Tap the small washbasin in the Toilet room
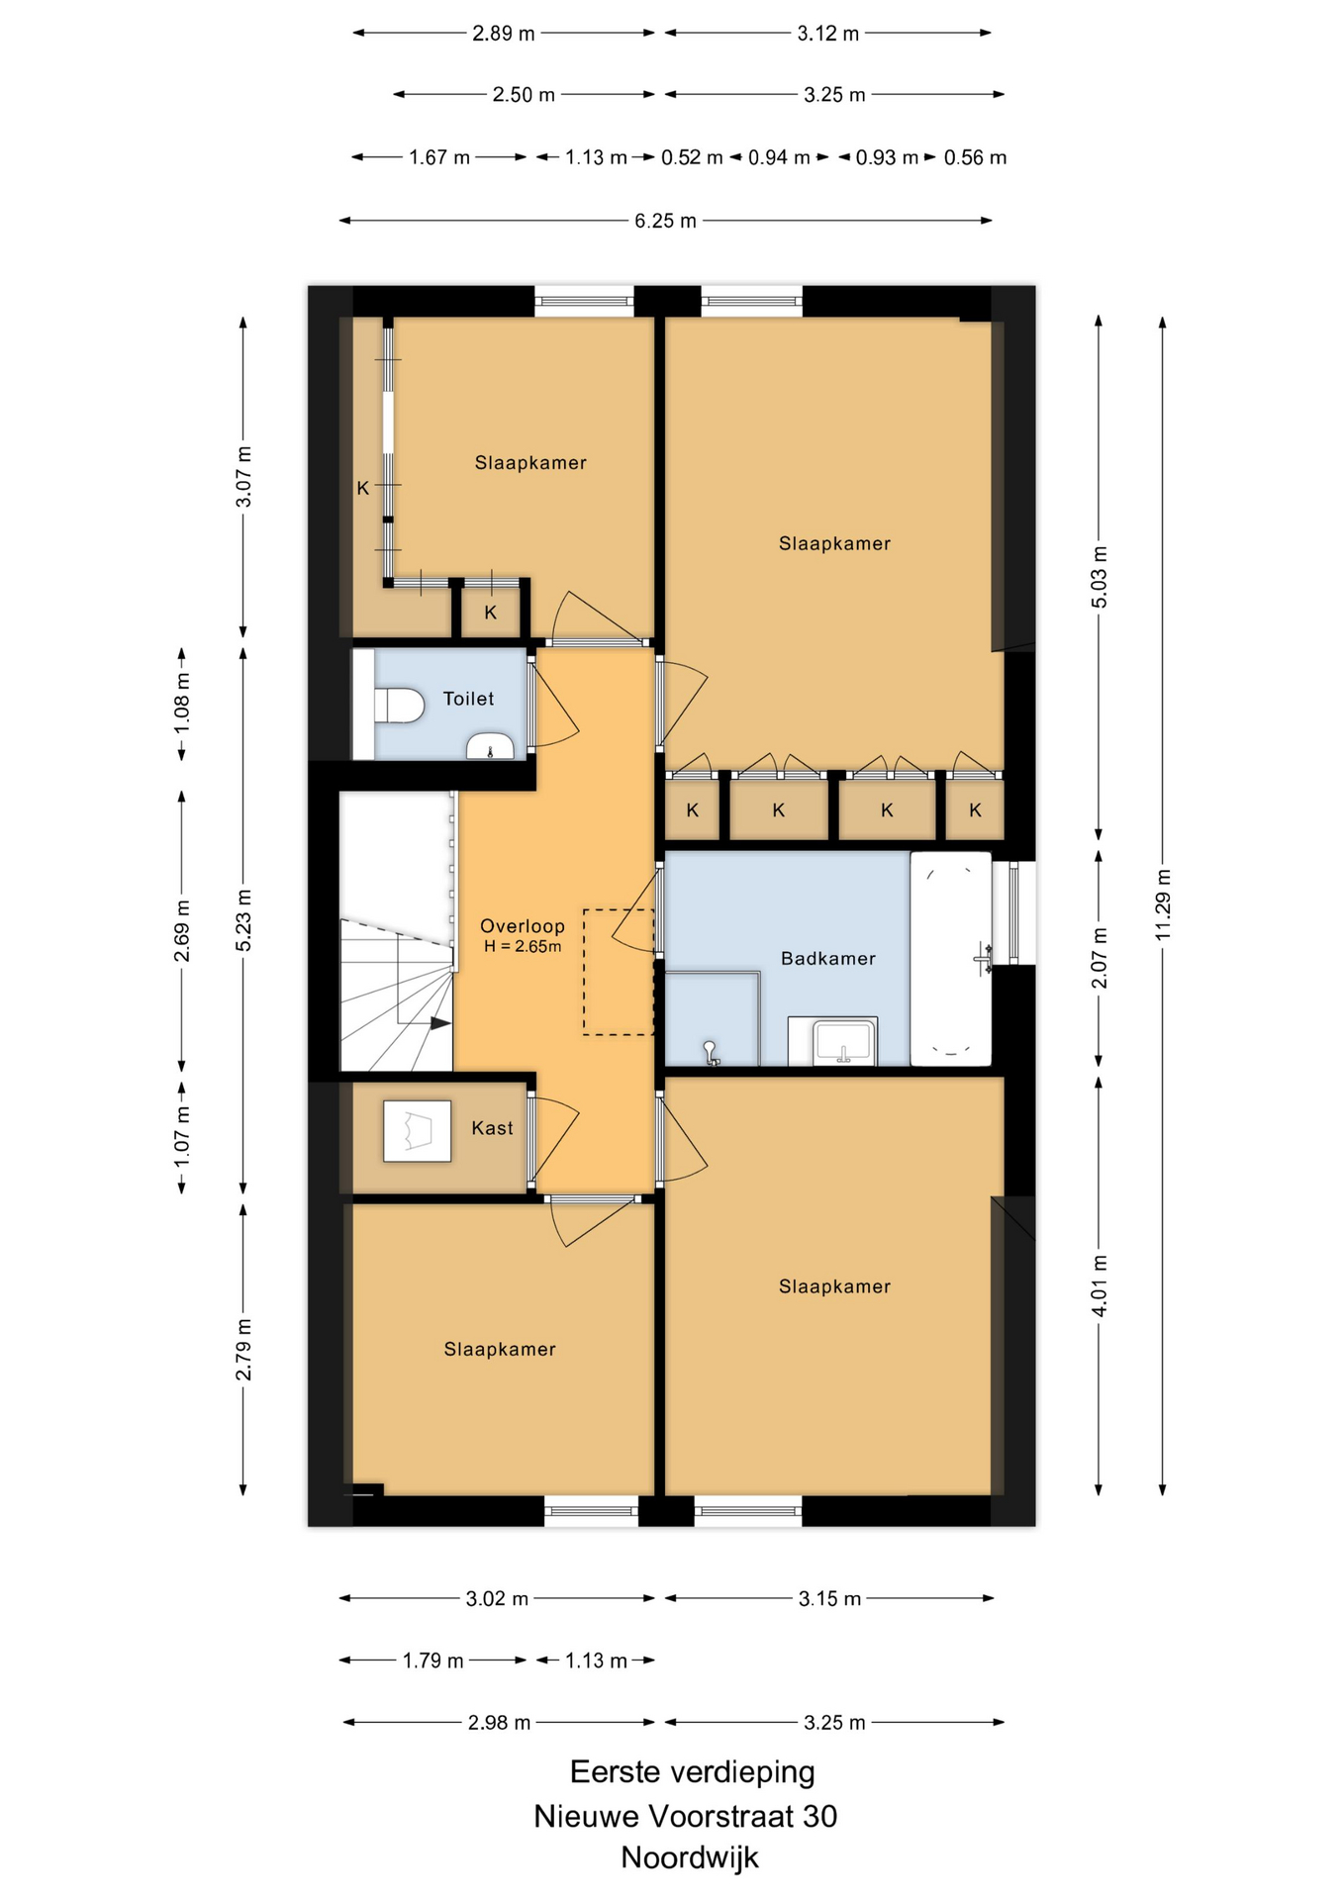pos(490,746)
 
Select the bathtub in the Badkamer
pos(950,958)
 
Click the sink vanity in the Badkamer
pos(832,1041)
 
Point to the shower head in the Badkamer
pos(710,1053)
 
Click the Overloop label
pos(523,926)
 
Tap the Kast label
pos(492,1128)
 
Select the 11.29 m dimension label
pos(1163,905)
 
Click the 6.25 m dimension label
pos(665,221)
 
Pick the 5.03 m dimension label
pos(1100,577)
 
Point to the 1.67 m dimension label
pos(439,157)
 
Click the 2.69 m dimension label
pos(182,931)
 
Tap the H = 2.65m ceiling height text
pos(523,946)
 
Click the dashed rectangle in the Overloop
pos(619,973)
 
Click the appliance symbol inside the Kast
pos(417,1131)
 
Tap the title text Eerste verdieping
pos(693,1772)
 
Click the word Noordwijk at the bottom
pos(690,1857)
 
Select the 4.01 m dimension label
pos(1100,1285)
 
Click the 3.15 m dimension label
pos(829,1598)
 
